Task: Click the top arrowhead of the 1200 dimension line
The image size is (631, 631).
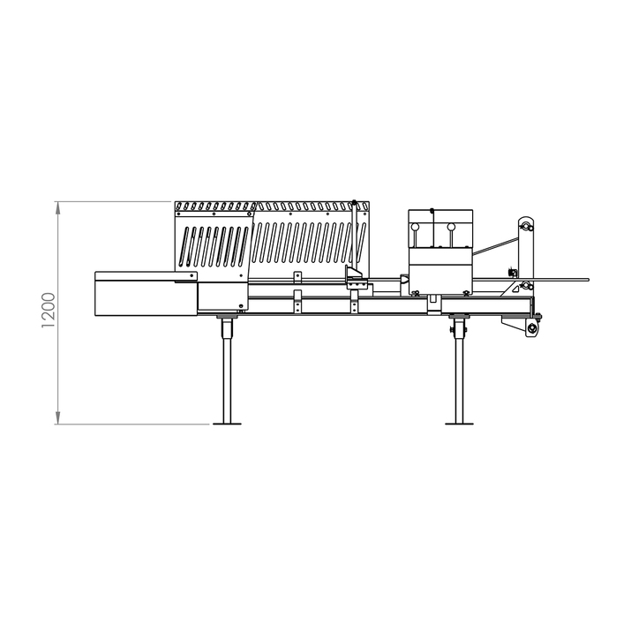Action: tap(58, 207)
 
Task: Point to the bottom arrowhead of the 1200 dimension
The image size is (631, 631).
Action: tap(58, 419)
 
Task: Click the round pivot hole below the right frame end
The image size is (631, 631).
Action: tap(532, 329)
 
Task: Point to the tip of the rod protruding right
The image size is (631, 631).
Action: tap(586, 281)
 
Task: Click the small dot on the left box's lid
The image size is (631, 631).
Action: tap(193, 276)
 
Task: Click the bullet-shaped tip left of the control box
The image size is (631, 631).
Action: tap(404, 281)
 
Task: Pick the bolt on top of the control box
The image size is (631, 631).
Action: tap(432, 210)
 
